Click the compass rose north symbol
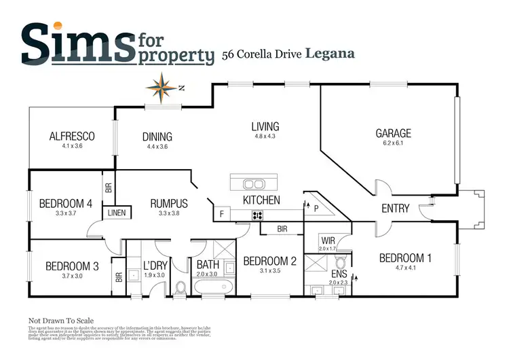tap(162, 86)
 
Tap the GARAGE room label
tap(393, 134)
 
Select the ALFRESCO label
tap(71, 136)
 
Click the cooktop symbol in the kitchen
tap(257, 215)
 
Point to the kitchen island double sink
tap(254, 183)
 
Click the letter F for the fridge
tap(221, 215)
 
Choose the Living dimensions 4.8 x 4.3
tap(265, 137)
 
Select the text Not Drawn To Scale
tap(60, 321)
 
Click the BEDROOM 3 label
tap(72, 266)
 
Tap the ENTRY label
tap(395, 209)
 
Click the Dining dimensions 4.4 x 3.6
tap(157, 146)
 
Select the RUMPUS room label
tap(169, 203)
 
